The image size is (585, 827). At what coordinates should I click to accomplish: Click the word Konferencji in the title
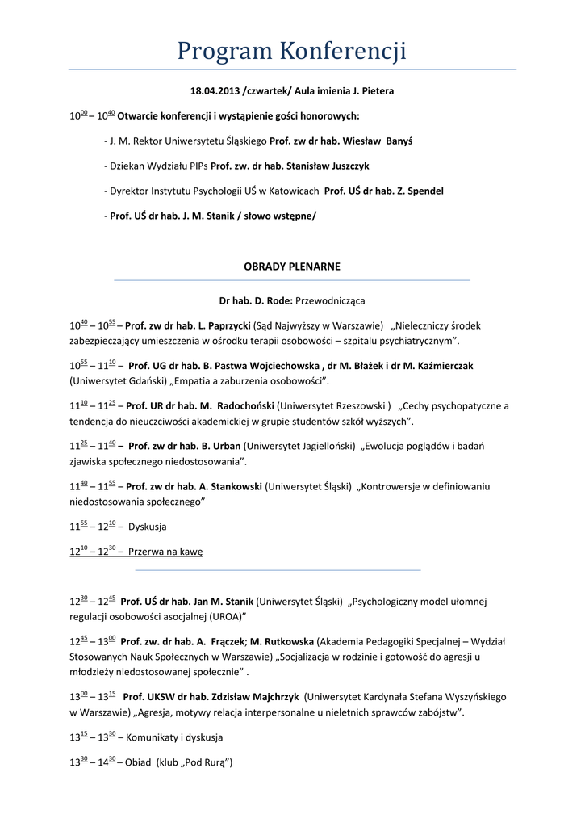343,52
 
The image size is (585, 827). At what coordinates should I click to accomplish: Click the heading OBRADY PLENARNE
292,267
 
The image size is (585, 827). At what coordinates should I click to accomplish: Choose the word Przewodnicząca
330,300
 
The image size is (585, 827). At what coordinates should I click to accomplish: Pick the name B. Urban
221,446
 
